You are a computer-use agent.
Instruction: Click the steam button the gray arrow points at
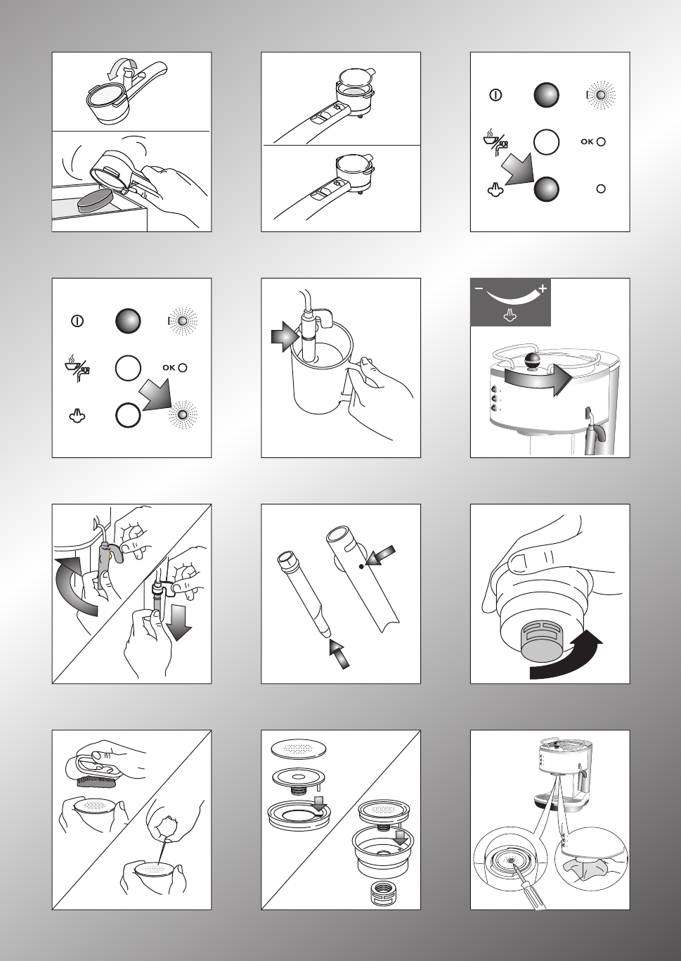pos(546,189)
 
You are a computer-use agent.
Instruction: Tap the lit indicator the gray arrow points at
pos(183,415)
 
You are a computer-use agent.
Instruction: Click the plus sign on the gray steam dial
pos(543,288)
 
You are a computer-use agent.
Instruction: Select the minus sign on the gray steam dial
pos(479,288)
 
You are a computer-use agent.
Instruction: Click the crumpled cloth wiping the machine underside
pos(586,870)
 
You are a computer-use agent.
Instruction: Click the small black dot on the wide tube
pos(361,567)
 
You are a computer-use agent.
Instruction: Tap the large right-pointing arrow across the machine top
pos(538,378)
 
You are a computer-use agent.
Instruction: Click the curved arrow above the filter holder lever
pos(122,70)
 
